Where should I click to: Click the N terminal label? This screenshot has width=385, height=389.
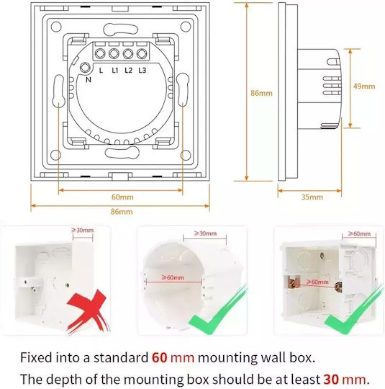[89, 80]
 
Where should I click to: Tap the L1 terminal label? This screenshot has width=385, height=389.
[115, 71]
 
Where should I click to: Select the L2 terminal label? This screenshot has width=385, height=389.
[128, 71]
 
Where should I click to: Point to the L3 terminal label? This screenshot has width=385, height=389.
[142, 71]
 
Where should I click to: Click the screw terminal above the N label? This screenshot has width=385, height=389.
[86, 68]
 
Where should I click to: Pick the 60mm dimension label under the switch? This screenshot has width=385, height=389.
[122, 197]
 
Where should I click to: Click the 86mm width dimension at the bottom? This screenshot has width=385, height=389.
[122, 212]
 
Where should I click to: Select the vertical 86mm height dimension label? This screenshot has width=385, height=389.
[261, 93]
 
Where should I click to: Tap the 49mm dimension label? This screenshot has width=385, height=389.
[364, 86]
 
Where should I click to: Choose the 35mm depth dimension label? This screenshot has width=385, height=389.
[312, 197]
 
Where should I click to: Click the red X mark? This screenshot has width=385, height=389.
[88, 310]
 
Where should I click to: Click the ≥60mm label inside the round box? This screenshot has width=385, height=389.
[173, 277]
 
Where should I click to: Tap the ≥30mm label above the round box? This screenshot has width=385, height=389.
[205, 233]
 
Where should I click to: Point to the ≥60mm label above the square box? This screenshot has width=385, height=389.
[360, 233]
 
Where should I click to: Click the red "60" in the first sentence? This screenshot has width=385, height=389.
[159, 358]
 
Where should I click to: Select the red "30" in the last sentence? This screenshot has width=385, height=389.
[331, 380]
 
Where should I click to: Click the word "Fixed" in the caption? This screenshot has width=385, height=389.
[36, 358]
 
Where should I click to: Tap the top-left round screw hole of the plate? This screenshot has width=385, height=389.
[56, 27]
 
